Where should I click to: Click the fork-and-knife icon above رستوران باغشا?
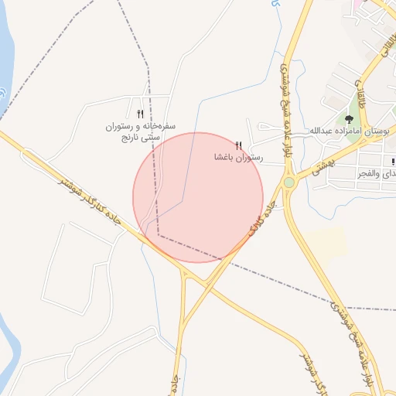238,145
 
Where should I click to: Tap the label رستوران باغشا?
239,157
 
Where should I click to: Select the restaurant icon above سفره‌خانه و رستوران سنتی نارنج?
140,114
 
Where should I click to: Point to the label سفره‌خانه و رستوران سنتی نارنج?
141,130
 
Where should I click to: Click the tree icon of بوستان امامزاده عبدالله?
350,119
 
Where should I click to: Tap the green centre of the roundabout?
289,183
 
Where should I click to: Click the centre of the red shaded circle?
198,197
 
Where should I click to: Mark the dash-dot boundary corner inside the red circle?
159,235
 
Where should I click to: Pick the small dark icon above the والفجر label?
393,162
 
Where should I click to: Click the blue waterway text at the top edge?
275,5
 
